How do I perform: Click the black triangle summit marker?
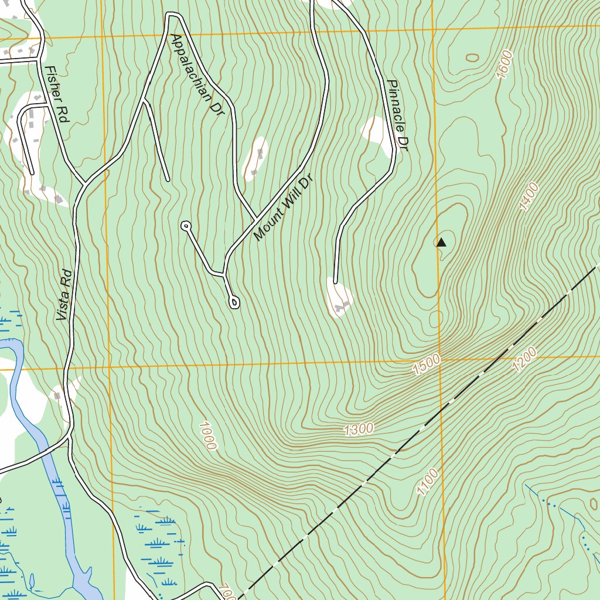tap(442, 242)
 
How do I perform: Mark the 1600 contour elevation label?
tap(504, 64)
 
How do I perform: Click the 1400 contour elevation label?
tap(529, 197)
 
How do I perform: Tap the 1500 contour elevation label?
tap(426, 366)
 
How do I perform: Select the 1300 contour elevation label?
tap(359, 429)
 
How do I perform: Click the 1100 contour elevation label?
tap(428, 482)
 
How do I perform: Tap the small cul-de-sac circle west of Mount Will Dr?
tap(186, 225)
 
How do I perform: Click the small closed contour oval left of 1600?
tap(472, 57)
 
